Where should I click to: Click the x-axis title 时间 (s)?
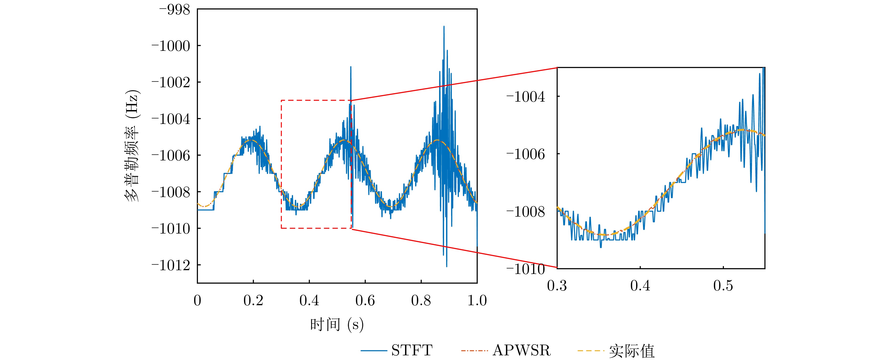click(337, 325)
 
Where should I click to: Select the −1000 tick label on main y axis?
click(171, 46)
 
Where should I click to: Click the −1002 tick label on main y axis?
click(171, 83)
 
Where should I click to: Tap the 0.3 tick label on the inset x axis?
click(557, 286)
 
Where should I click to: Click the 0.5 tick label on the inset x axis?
click(723, 286)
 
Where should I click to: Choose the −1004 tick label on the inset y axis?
click(526, 97)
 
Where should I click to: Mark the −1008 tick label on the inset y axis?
click(526, 212)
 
